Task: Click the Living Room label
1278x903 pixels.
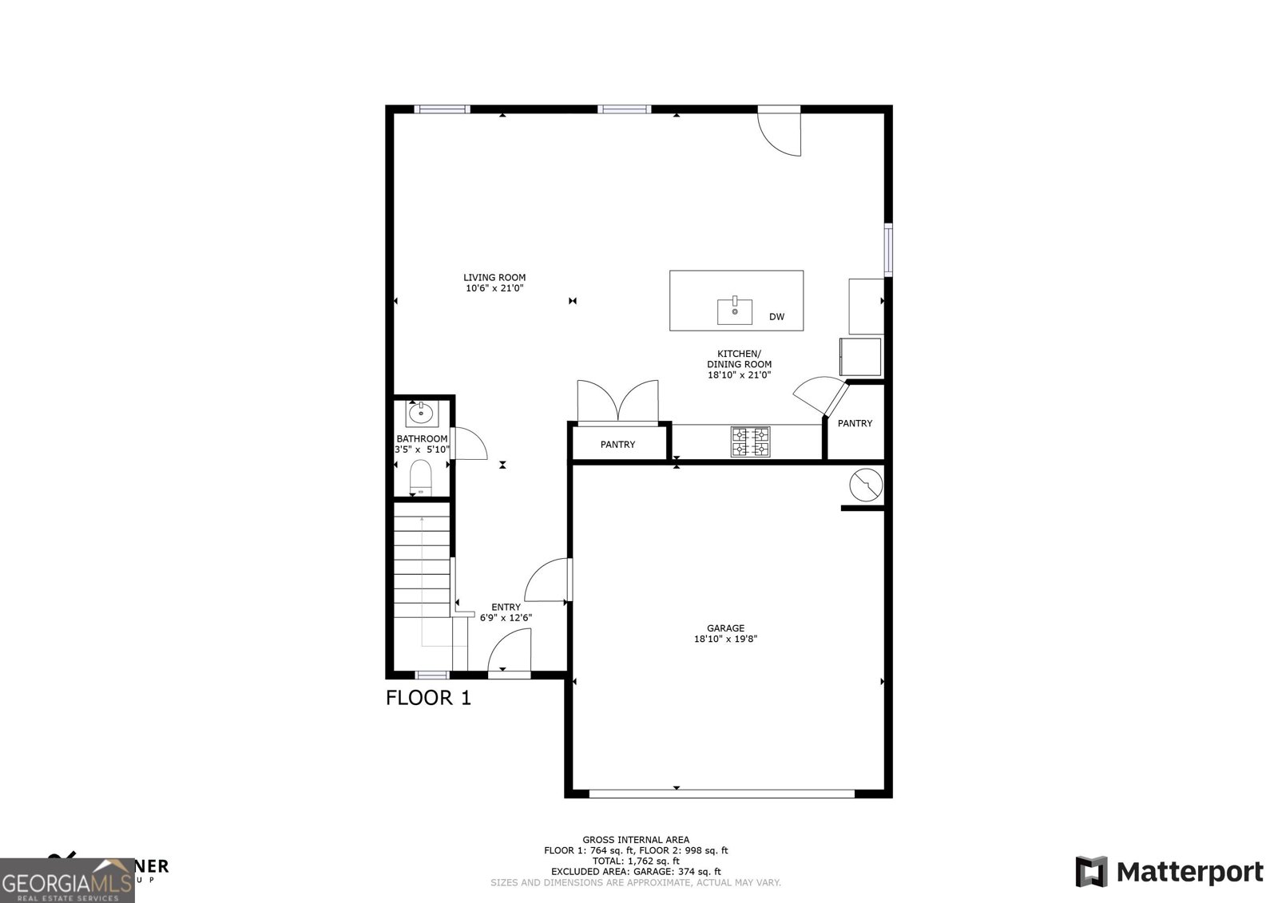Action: click(x=494, y=278)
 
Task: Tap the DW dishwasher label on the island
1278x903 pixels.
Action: click(x=776, y=317)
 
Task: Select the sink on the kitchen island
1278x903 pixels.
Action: click(x=734, y=311)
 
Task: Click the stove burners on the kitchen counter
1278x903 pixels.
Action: click(x=751, y=442)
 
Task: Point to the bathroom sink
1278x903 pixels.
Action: click(x=420, y=414)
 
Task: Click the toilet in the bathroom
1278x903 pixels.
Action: click(x=420, y=479)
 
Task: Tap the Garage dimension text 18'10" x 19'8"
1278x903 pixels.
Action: click(x=725, y=639)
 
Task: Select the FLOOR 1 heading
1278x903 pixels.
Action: click(x=428, y=698)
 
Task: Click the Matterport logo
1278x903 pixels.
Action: click(x=1169, y=871)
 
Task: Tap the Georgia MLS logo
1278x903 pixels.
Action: click(x=67, y=880)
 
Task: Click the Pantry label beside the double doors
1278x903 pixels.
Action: click(x=617, y=445)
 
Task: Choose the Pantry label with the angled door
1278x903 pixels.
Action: click(x=855, y=423)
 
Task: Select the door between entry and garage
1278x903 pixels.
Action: click(x=548, y=580)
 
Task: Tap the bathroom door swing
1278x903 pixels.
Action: click(x=469, y=444)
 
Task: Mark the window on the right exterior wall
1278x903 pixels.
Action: click(x=887, y=251)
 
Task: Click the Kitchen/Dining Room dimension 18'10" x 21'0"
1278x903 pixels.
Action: click(x=739, y=374)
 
